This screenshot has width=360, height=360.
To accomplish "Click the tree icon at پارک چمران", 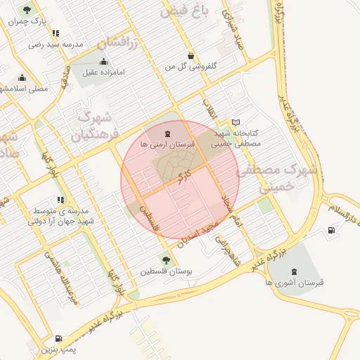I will click(x=27, y=10).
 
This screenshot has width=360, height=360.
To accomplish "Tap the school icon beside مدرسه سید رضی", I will click(x=56, y=33).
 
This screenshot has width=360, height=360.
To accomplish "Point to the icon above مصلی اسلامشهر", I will click(x=22, y=78).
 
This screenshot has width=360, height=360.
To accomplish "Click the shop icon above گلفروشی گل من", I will click(x=191, y=56).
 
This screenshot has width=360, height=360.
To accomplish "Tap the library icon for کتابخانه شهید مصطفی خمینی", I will click(x=236, y=122).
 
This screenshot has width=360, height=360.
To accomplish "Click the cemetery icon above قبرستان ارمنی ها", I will click(x=167, y=133).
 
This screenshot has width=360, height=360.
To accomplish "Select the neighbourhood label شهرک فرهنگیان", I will click(x=96, y=124).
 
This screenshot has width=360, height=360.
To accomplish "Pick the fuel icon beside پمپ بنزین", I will click(x=58, y=338).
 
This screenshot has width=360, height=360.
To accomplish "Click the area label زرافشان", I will click(x=130, y=42).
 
